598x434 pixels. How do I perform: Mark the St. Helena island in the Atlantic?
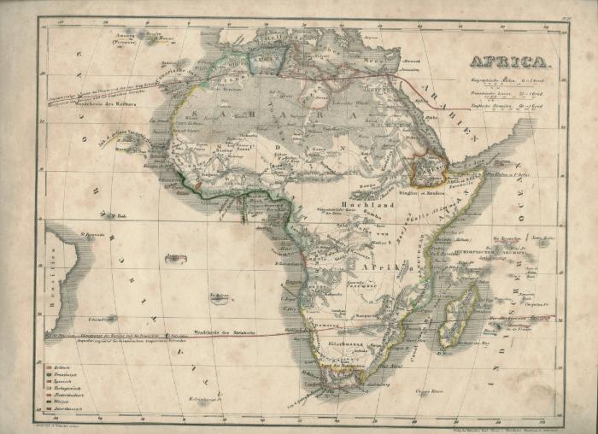click(220, 299)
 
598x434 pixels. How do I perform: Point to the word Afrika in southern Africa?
click(384, 268)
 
